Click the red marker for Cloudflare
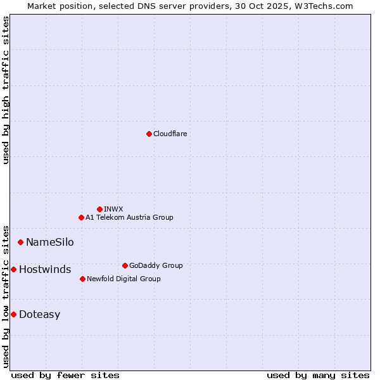pyautogui.click(x=149, y=134)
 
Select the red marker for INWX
pyautogui.click(x=99, y=209)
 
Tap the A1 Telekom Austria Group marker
pyautogui.click(x=81, y=217)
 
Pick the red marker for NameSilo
pyautogui.click(x=20, y=242)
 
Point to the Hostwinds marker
pyautogui.click(x=13, y=269)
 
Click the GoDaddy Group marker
pyautogui.click(x=125, y=265)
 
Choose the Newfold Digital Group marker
pyautogui.click(x=82, y=279)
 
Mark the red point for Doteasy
pyautogui.click(x=13, y=314)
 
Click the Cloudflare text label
pyautogui.click(x=170, y=134)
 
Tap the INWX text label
pyautogui.click(x=113, y=209)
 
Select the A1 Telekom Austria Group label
pyautogui.click(x=129, y=217)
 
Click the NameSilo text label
pyautogui.click(x=49, y=242)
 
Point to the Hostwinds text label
pyautogui.click(x=45, y=270)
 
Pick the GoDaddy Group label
pyautogui.click(x=156, y=265)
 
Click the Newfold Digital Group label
pyautogui.click(x=123, y=279)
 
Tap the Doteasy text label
pyautogui.click(x=39, y=315)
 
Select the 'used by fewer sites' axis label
pyautogui.click(x=65, y=375)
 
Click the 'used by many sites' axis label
pyautogui.click(x=318, y=375)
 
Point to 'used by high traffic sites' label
pyautogui.click(x=6, y=90)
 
